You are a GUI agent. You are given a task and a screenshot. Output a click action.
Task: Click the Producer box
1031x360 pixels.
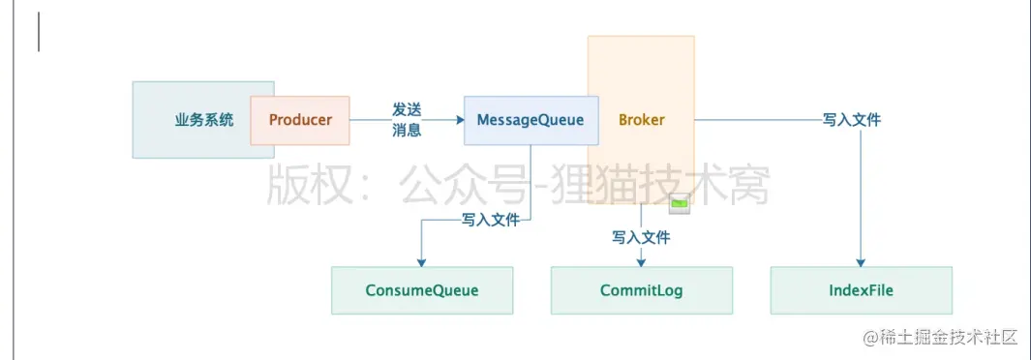tap(300, 120)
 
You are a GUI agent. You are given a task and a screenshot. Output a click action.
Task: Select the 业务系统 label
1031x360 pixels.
tap(204, 121)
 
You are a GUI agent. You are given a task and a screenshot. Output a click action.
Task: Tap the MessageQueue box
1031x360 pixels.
tap(531, 120)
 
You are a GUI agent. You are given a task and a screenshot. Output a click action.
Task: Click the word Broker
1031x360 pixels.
tap(642, 120)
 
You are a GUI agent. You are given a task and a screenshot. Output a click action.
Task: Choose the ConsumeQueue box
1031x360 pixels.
tap(422, 290)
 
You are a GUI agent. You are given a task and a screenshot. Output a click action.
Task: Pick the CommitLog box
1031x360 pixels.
tap(642, 290)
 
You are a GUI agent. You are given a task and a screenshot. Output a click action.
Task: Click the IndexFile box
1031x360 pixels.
tap(861, 290)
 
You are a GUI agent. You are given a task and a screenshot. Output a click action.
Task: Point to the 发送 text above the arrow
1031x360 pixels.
tap(407, 109)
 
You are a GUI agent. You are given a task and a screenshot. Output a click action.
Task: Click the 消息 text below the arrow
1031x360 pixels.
tap(407, 131)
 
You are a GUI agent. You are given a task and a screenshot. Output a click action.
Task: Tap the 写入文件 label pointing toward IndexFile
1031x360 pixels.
tap(851, 120)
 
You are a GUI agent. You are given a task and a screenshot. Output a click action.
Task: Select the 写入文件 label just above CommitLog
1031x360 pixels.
tap(641, 237)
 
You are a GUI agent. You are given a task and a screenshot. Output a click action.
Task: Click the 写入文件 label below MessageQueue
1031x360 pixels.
tap(490, 220)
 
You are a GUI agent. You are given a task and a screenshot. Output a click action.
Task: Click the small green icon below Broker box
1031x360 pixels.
tap(682, 203)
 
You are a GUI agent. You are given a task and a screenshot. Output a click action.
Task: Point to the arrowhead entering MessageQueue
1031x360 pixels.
tap(459, 121)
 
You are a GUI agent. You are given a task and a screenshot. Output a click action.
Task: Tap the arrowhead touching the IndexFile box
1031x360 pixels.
tap(861, 262)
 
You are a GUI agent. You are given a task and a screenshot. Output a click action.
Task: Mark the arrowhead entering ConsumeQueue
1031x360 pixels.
tap(421, 262)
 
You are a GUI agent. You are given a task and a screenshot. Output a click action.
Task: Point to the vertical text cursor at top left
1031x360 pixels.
tap(39, 32)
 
